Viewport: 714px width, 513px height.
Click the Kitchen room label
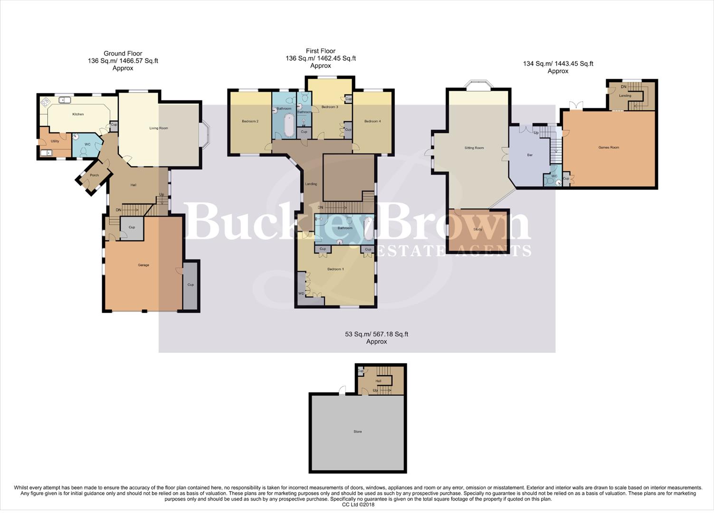coord(78,114)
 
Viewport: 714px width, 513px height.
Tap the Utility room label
coord(55,141)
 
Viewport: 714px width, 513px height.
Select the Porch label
coord(95,175)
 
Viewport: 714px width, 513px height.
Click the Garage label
coord(143,265)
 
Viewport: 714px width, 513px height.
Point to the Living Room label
coord(159,128)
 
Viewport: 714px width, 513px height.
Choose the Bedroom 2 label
coord(250,122)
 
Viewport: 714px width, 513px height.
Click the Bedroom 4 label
coord(372,122)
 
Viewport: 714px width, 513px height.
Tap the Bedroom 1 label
coord(335,269)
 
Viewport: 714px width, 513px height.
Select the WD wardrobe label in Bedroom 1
coord(301,294)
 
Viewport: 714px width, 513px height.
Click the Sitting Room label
coord(474,148)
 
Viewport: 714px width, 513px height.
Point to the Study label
coord(477,229)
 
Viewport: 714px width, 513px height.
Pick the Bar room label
coord(530,155)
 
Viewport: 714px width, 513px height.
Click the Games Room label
coord(609,148)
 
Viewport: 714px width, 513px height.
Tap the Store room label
coord(358,432)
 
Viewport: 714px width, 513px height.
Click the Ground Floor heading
coord(123,54)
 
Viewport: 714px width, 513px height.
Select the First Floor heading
coord(321,51)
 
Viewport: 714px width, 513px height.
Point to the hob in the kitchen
coord(46,101)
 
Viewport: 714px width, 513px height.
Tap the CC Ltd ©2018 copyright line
coord(358,504)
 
